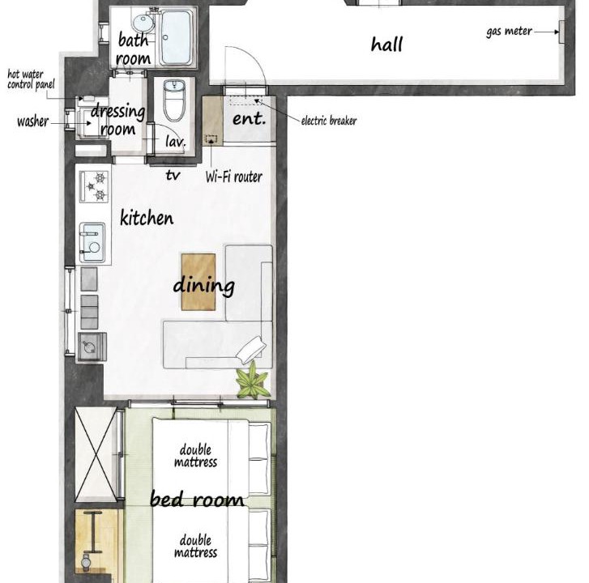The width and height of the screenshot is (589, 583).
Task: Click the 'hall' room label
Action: pyautogui.click(x=386, y=45)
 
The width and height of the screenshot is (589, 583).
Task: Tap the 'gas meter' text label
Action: pyautogui.click(x=509, y=32)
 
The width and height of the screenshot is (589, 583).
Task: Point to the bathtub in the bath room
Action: pyautogui.click(x=176, y=37)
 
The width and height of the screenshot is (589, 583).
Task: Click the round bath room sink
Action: pyautogui.click(x=143, y=23)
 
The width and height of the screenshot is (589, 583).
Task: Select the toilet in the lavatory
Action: pyautogui.click(x=174, y=100)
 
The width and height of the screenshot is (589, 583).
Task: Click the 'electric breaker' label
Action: pyautogui.click(x=329, y=121)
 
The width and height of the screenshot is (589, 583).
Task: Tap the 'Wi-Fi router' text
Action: pyautogui.click(x=233, y=177)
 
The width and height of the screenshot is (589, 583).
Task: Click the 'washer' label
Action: pyautogui.click(x=32, y=121)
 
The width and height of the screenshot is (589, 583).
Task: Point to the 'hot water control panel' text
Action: pyautogui.click(x=31, y=79)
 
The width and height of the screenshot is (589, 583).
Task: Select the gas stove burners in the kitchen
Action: pyautogui.click(x=94, y=186)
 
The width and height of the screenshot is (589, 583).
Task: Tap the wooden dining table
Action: pyautogui.click(x=198, y=282)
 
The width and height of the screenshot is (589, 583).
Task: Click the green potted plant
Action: pyautogui.click(x=253, y=381)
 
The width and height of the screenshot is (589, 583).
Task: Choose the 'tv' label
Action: pyautogui.click(x=173, y=175)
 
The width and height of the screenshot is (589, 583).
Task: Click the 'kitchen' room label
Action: pyautogui.click(x=147, y=218)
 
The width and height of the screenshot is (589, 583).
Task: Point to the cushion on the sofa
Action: pyautogui.click(x=250, y=349)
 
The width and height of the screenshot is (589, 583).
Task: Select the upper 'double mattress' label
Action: pyautogui.click(x=195, y=455)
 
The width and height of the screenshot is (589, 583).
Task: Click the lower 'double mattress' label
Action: pyautogui.click(x=195, y=547)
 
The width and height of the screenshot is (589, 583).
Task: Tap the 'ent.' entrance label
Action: pyautogui.click(x=249, y=119)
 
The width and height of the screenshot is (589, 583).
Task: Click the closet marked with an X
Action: pyautogui.click(x=96, y=454)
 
